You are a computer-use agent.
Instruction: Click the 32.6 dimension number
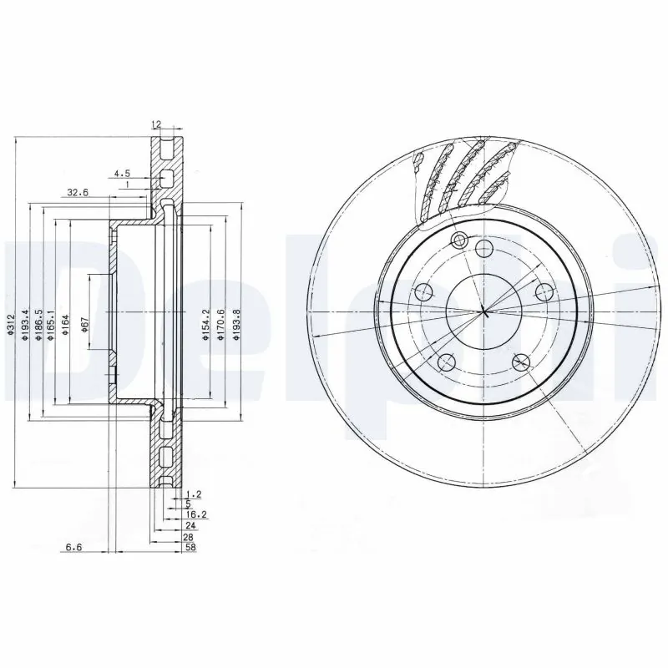(x=77, y=192)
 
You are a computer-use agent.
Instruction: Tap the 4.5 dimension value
(x=122, y=174)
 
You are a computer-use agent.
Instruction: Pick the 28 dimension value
(x=190, y=539)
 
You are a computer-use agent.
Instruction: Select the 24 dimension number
(x=190, y=527)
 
